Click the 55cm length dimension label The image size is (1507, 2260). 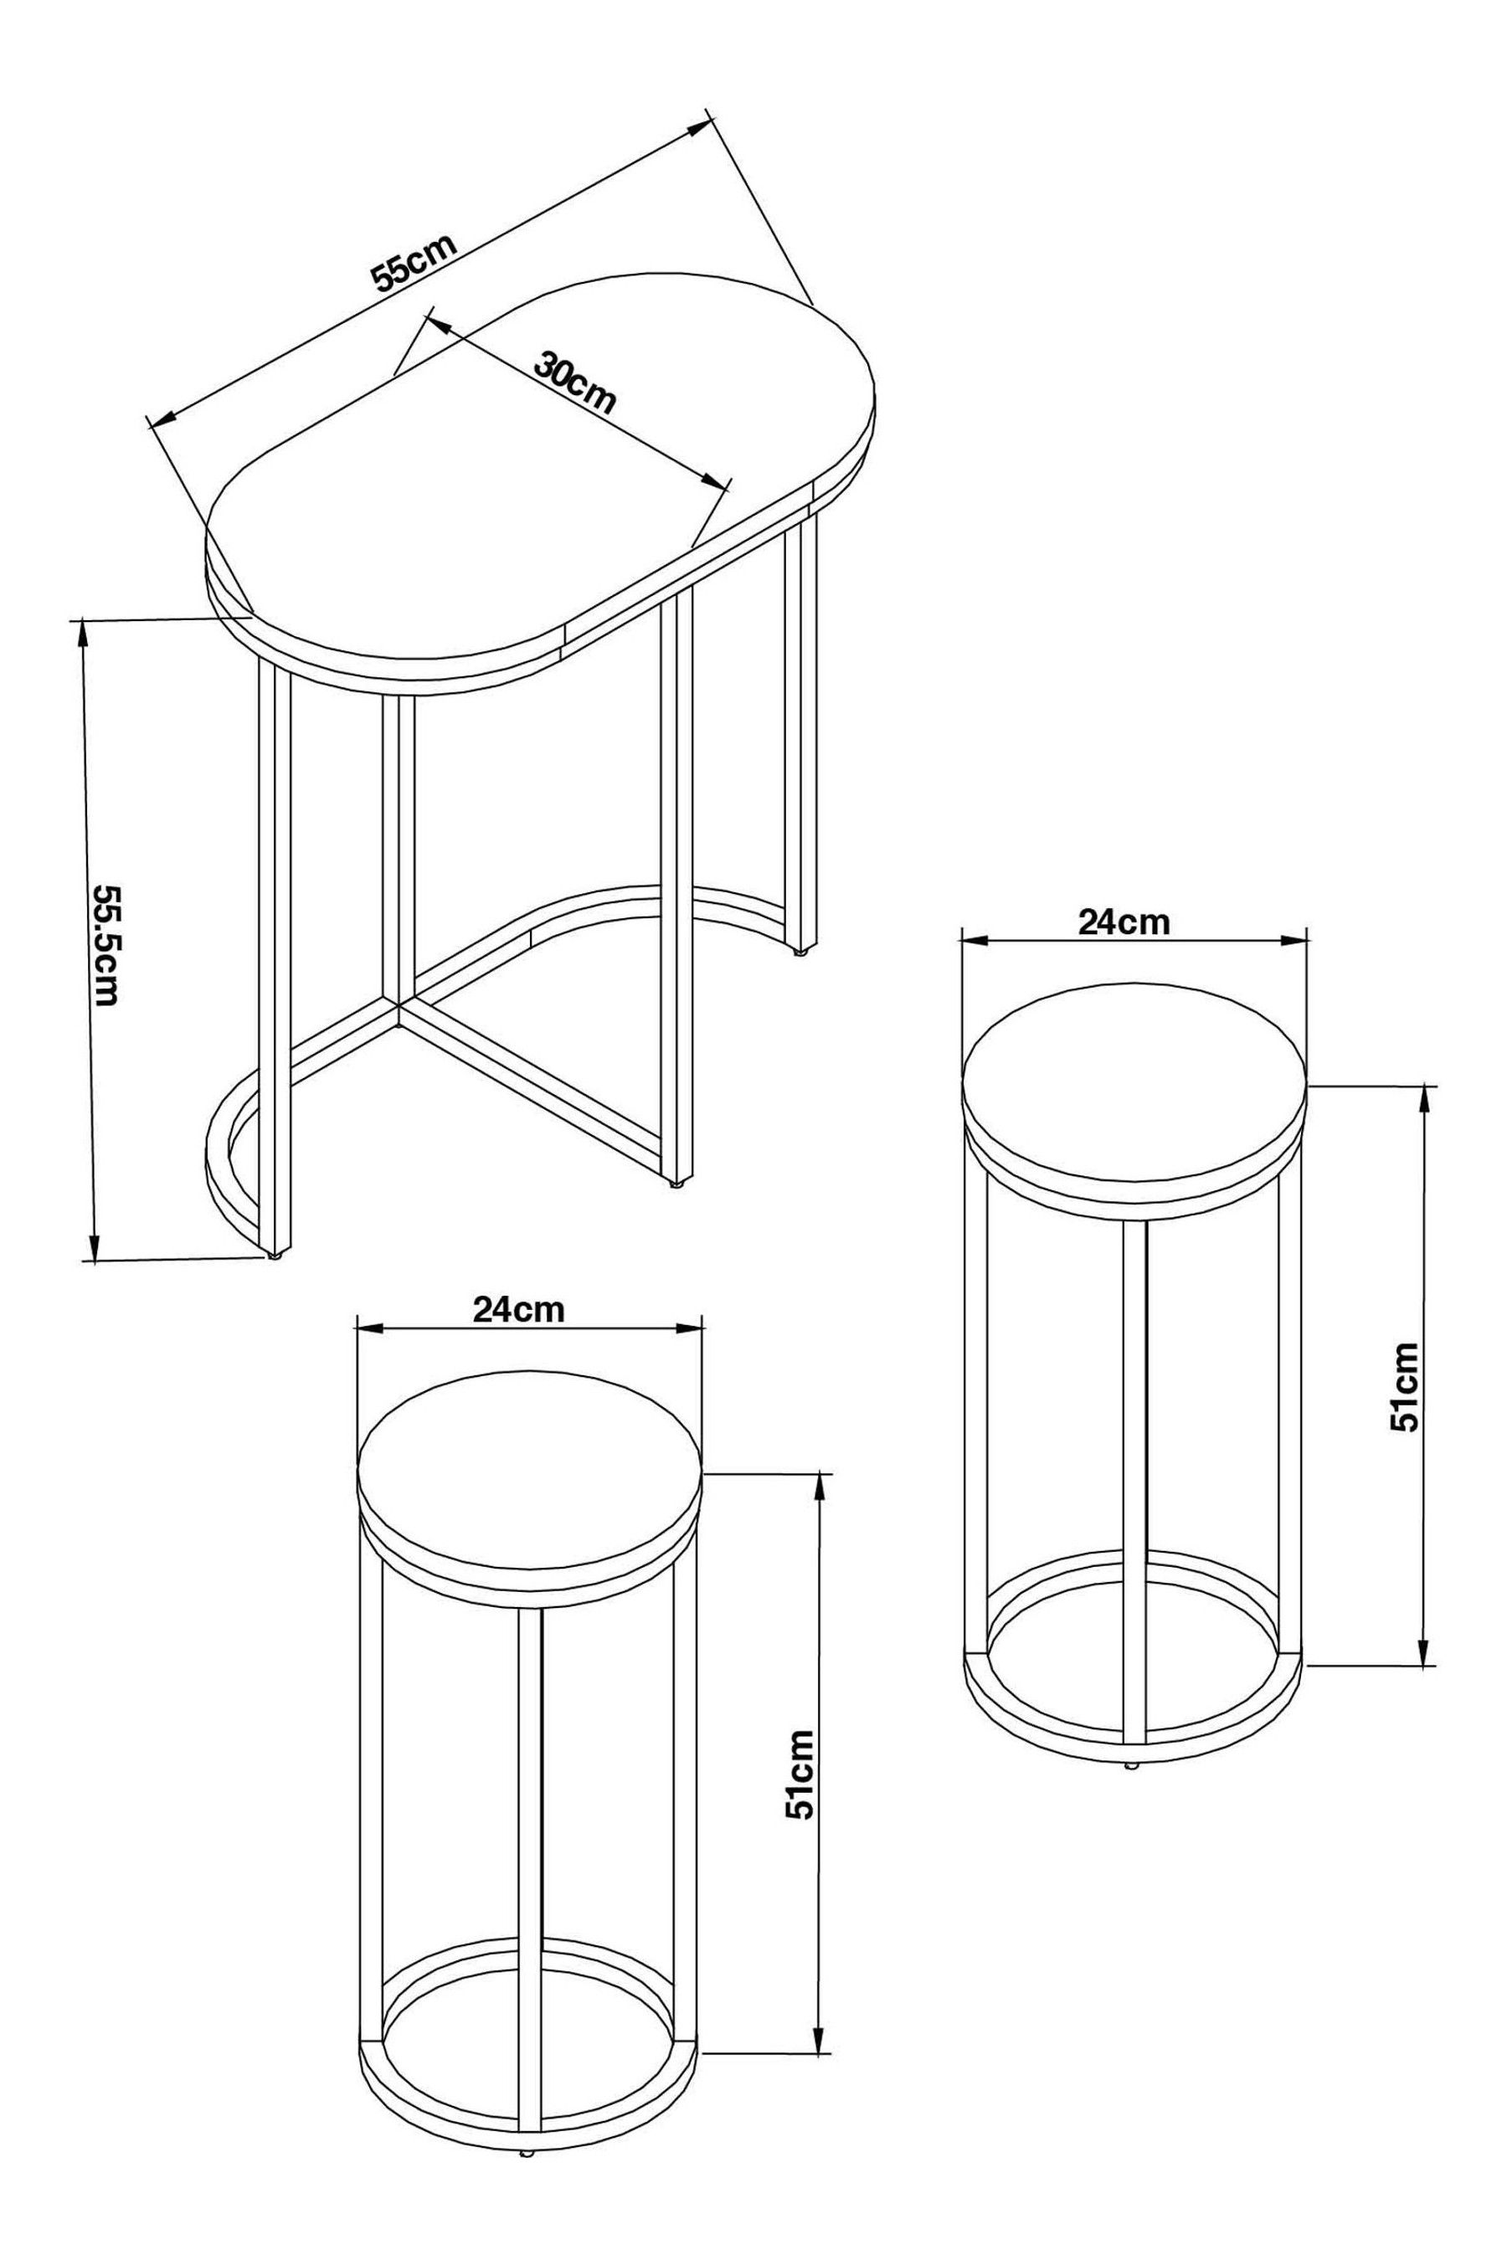coord(414,261)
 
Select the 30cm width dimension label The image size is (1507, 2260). coord(573,383)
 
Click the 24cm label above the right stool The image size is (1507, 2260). coord(1124,922)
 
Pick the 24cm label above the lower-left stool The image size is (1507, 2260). coord(518,1309)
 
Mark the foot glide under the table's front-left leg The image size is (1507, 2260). coord(275,1256)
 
